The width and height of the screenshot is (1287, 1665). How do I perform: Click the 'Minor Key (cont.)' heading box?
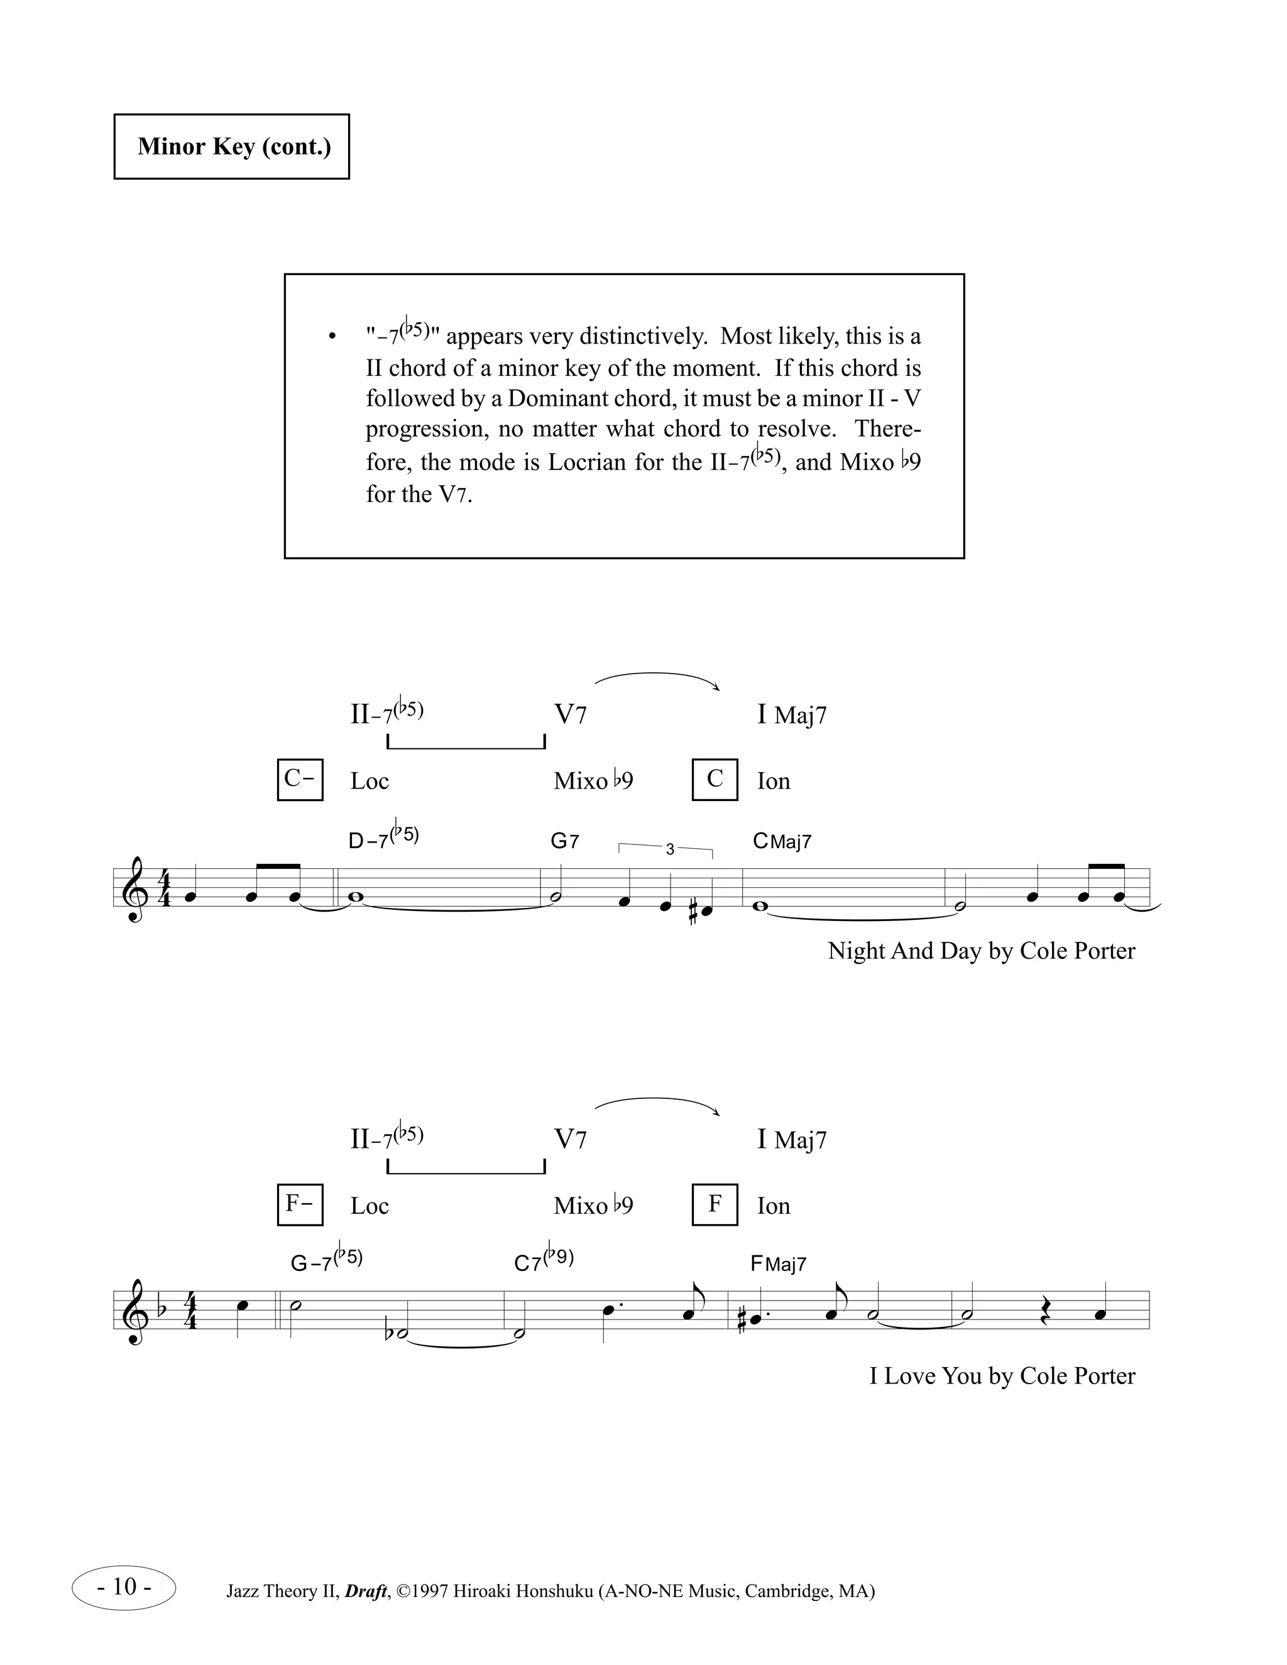click(232, 146)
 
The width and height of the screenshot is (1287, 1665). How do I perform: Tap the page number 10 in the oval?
click(124, 1587)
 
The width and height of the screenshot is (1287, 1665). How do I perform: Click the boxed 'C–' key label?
click(300, 779)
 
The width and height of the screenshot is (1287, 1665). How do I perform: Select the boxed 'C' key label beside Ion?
click(715, 779)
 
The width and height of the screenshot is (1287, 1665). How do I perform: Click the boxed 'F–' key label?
click(300, 1204)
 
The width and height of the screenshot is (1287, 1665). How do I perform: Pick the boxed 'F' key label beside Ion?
click(715, 1204)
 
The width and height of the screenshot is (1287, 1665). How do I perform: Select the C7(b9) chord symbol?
click(544, 1262)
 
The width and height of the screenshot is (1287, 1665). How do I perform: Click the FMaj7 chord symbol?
click(779, 1265)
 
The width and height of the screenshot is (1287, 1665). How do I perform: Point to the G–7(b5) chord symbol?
click(326, 1262)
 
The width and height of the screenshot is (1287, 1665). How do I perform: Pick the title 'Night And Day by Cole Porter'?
click(981, 951)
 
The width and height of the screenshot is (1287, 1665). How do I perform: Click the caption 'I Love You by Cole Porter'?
click(1002, 1376)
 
